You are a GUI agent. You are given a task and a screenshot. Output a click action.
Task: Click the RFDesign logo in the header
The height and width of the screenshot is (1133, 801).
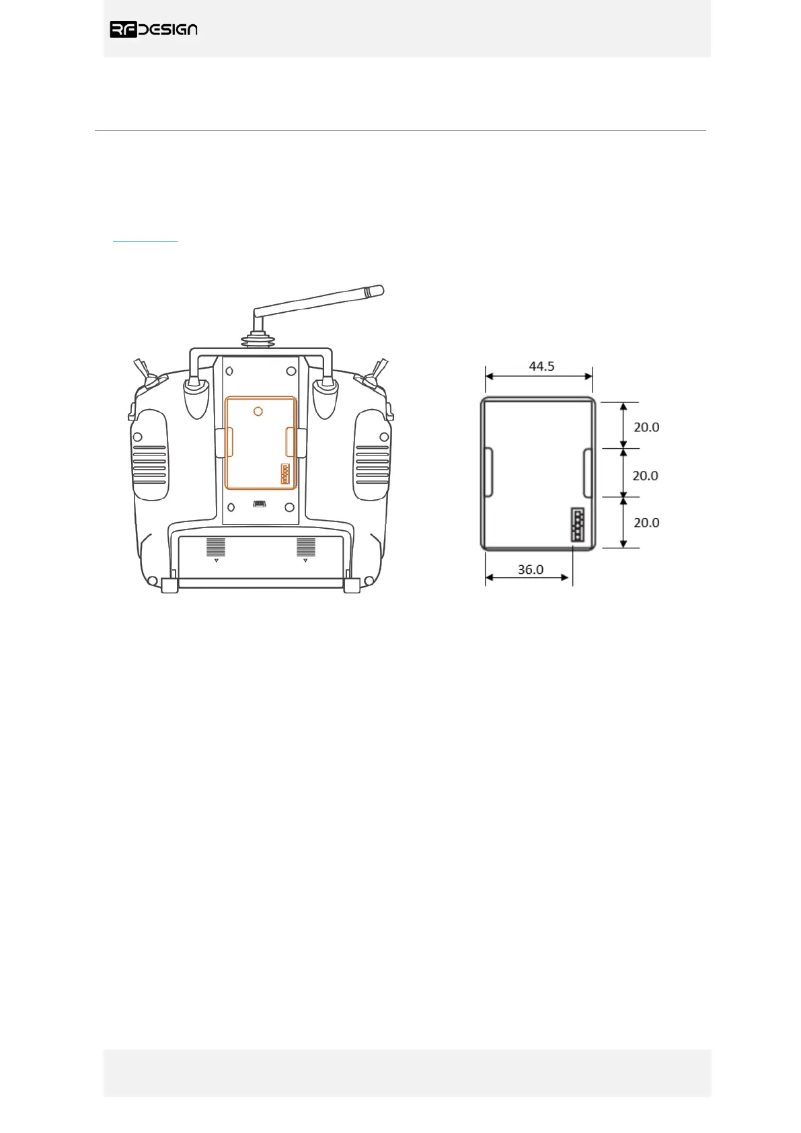tap(153, 30)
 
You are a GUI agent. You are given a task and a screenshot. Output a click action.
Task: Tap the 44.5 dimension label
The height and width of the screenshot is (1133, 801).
tap(541, 366)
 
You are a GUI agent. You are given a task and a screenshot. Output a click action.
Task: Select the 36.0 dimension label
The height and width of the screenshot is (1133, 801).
tap(531, 570)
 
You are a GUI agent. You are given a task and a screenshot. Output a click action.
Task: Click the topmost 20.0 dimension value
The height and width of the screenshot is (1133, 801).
tap(646, 427)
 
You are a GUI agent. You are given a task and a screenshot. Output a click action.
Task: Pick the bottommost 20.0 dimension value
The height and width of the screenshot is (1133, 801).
tap(646, 523)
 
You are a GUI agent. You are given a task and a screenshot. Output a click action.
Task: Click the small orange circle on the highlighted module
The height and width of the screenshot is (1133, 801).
tap(258, 412)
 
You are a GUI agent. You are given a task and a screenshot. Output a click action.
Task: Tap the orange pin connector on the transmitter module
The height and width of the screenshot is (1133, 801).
tap(285, 474)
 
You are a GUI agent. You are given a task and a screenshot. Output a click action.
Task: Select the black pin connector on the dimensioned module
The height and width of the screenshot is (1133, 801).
tap(578, 525)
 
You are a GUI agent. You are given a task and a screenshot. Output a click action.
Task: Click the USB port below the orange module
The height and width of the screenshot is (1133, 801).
tap(260, 504)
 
